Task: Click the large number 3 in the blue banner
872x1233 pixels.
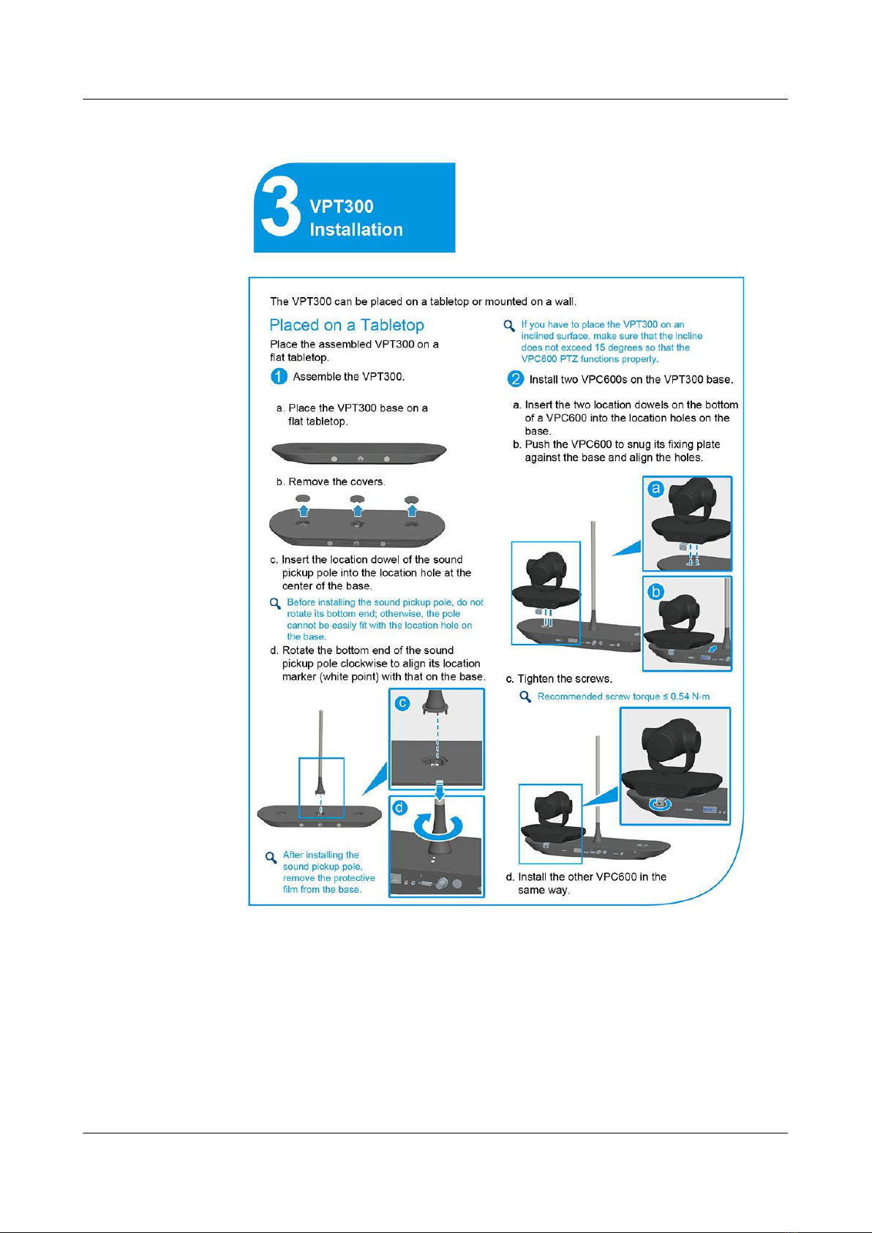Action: tap(280, 208)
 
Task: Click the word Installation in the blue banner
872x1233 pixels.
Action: tap(356, 230)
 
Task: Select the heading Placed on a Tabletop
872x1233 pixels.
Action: tap(347, 325)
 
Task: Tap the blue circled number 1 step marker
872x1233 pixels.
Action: tap(279, 377)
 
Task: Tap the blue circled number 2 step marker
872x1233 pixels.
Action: tap(516, 379)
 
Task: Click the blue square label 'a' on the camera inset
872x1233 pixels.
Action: tap(656, 490)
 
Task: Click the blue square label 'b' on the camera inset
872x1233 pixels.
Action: tap(656, 591)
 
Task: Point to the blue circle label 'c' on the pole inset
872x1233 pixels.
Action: tap(402, 703)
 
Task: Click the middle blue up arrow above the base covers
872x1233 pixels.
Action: tap(358, 510)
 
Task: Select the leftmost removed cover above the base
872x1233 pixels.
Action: tap(303, 498)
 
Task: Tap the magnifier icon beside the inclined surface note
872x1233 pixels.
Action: tap(509, 326)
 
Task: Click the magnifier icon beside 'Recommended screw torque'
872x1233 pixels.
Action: tap(525, 697)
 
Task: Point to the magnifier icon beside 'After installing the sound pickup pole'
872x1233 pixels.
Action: tap(271, 857)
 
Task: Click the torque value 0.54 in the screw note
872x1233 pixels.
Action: tap(680, 697)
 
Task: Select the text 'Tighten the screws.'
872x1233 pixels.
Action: tap(565, 679)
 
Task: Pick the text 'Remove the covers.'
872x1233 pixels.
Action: tap(337, 481)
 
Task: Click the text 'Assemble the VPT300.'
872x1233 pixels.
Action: tap(349, 377)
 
